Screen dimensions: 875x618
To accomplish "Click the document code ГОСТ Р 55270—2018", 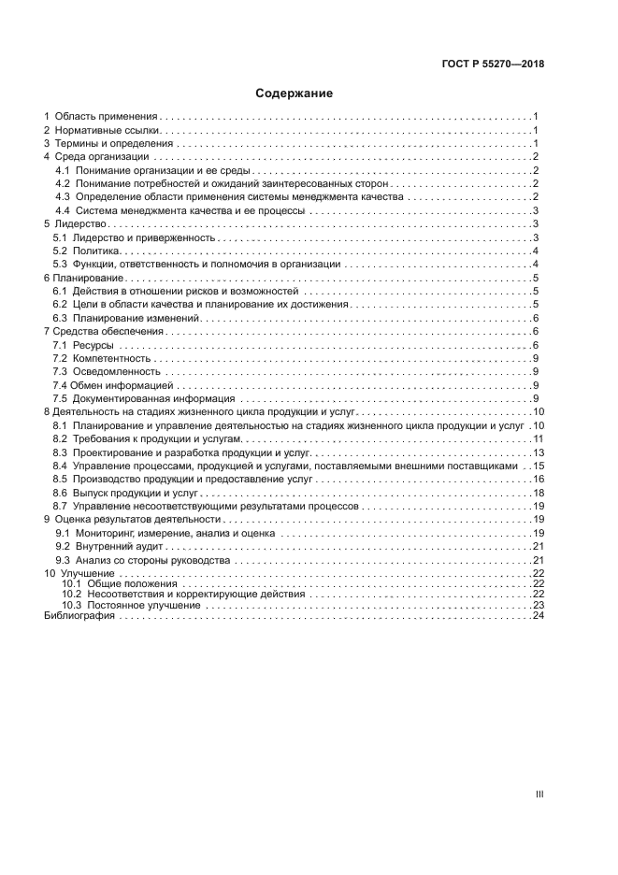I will pos(493,65).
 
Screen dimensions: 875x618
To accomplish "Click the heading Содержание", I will pos(295,93).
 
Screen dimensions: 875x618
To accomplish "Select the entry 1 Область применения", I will pos(101,116).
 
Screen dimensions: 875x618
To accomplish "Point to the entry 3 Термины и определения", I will pos(108,143).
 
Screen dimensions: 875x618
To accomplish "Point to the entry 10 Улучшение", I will pos(79,572).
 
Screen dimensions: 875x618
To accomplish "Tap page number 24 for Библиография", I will pos(539,616).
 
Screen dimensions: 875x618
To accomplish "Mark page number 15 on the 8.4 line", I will pos(539,466).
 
